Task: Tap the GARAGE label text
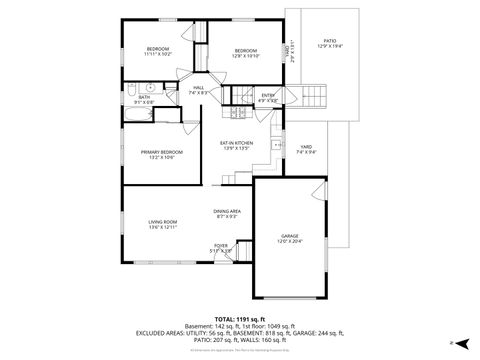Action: click(289, 236)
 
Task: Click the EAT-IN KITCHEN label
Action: click(237, 143)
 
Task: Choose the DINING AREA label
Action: click(226, 211)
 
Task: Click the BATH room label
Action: click(145, 97)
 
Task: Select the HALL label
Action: click(199, 89)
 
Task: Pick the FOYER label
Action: click(220, 245)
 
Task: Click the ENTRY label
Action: click(268, 95)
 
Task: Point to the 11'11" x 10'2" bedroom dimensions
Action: click(158, 54)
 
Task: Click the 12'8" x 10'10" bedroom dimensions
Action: click(246, 54)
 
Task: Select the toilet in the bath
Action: click(131, 96)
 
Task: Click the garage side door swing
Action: click(319, 190)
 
